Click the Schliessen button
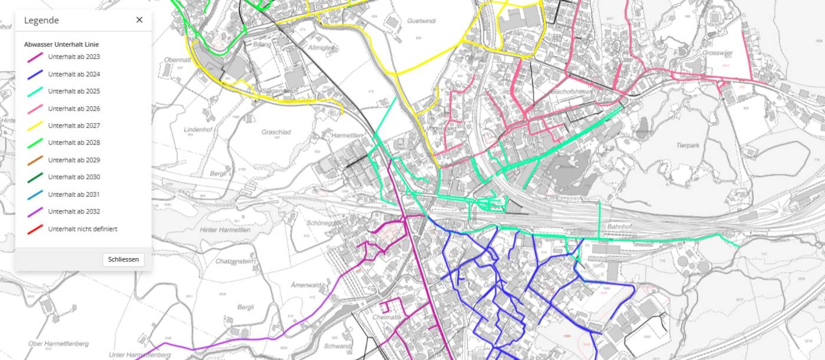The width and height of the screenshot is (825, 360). (x=123, y=259)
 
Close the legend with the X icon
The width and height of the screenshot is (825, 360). (x=139, y=20)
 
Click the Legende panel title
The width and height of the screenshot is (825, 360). (x=41, y=20)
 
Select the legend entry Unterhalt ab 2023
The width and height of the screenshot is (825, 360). (x=74, y=57)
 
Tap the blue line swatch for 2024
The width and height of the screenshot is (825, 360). (x=35, y=74)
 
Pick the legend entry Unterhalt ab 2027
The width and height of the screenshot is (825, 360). (x=74, y=125)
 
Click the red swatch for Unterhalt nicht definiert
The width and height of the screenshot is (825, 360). (x=35, y=229)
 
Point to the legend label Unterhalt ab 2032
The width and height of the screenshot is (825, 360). (x=74, y=212)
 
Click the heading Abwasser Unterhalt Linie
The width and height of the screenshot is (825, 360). (x=61, y=44)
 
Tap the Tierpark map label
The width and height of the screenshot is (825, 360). (x=688, y=145)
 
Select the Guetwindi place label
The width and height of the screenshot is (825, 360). (x=421, y=21)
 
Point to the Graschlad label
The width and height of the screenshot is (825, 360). (x=276, y=132)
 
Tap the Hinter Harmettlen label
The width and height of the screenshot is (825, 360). (x=225, y=230)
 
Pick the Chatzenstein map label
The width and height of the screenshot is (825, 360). (x=235, y=261)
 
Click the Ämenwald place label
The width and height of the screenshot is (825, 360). (x=306, y=285)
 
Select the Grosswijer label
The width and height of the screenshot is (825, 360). (x=717, y=52)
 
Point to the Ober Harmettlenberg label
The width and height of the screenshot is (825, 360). (x=58, y=343)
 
